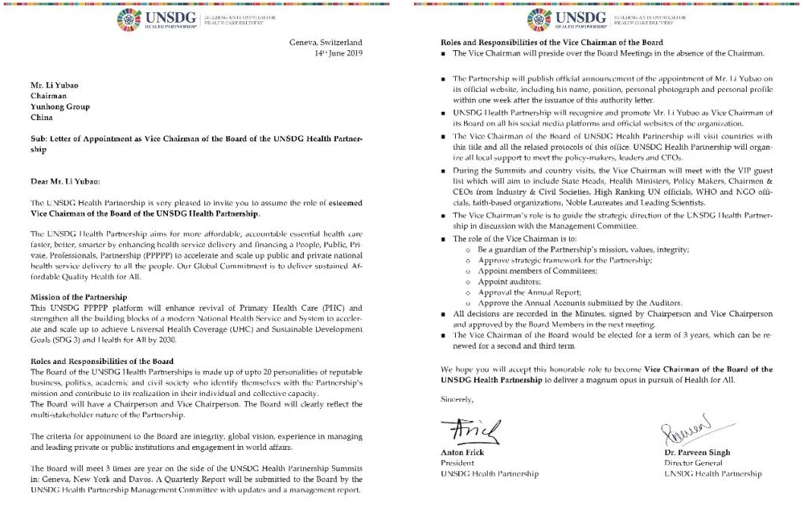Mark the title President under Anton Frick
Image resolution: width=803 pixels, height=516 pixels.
pyautogui.click(x=457, y=464)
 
